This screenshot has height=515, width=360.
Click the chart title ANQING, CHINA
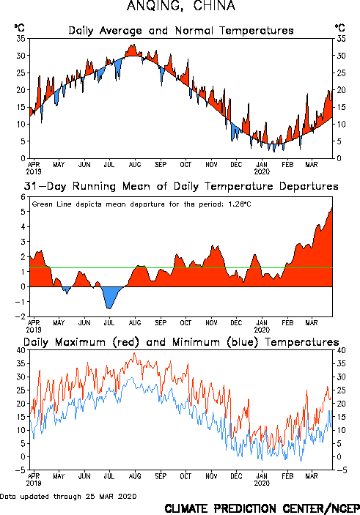[181, 6]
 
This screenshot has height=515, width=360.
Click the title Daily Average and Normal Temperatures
[181, 31]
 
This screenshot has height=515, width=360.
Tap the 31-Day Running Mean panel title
[181, 186]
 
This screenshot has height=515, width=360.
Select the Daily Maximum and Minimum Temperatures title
[181, 342]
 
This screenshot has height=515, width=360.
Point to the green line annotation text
[142, 204]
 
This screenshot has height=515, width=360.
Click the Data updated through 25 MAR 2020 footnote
[68, 496]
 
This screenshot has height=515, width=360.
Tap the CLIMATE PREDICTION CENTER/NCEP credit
[262, 508]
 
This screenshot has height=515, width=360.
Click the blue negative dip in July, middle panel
[109, 297]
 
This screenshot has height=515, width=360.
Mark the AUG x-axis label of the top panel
[135, 164]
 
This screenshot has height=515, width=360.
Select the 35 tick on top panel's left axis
[21, 38]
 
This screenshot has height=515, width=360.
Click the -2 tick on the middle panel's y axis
[20, 316]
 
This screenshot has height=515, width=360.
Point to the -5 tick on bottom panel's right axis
[342, 470]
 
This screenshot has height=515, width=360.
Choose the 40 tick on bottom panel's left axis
[21, 350]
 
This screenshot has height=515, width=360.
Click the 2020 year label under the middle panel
[262, 330]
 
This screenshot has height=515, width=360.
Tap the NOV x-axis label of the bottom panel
[211, 476]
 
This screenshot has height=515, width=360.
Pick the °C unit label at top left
[19, 28]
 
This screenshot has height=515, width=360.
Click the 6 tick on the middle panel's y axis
[23, 197]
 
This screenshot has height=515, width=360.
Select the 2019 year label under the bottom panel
[34, 483]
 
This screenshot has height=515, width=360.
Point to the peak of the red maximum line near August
[134, 353]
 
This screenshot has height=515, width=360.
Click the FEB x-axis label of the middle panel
[287, 322]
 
